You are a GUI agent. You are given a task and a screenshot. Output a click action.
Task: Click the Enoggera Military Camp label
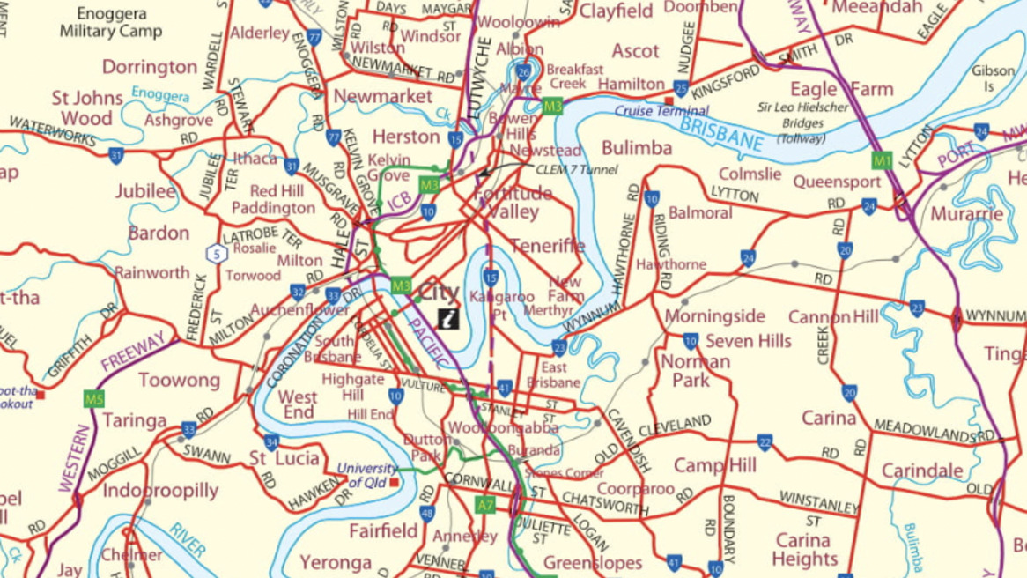pos(111,22)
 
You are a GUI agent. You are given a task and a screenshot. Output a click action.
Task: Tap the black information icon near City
pos(448,319)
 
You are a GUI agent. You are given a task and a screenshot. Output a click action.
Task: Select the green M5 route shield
pos(93,399)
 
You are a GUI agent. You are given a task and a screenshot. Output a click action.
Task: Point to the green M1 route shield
pos(882,160)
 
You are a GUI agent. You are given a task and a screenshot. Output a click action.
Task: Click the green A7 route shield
pos(485,505)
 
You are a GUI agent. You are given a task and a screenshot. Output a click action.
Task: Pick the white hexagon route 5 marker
pos(216,254)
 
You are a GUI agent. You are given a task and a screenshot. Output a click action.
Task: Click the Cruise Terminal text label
pos(661,111)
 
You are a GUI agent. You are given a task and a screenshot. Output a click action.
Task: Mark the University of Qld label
pos(367,476)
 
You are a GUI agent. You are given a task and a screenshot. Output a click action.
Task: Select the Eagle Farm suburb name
pos(841,89)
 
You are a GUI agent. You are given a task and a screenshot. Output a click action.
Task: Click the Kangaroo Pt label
pos(501,303)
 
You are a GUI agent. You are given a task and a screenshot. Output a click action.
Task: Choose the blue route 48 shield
pos(427,514)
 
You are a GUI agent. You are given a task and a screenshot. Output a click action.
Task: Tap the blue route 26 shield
pos(524,72)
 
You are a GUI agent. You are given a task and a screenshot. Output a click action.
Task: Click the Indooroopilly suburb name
pos(160,491)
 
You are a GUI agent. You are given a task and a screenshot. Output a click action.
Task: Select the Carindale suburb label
pos(922,471)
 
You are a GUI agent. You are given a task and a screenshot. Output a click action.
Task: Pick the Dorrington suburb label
pos(150,67)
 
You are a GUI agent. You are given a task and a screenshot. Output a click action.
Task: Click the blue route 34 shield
pos(271,442)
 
